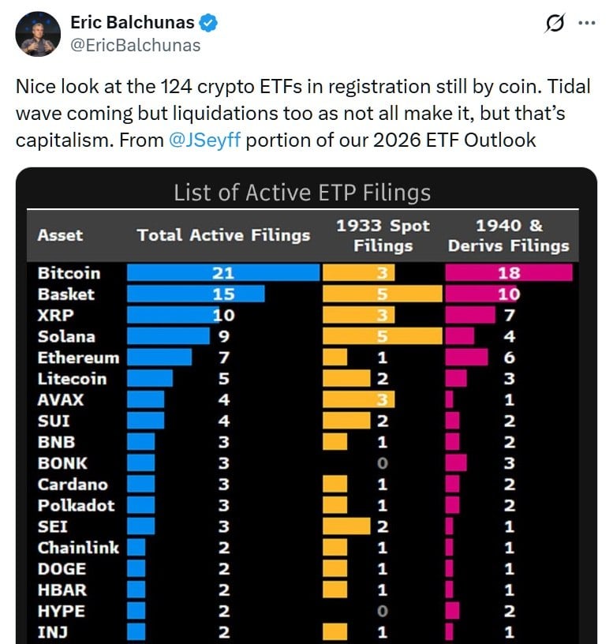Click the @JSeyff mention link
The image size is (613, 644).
[205, 141]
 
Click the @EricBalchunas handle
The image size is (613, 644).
[136, 46]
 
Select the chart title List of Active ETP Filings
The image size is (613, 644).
[302, 193]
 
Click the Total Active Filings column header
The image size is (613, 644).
[223, 235]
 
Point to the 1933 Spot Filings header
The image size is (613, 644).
[383, 235]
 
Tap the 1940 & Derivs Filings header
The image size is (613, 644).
[509, 235]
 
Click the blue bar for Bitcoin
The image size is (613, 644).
[223, 273]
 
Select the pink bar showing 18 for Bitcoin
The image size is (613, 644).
[509, 273]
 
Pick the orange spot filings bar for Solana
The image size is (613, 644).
[383, 336]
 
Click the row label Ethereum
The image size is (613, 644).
[78, 358]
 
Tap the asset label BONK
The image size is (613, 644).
[62, 463]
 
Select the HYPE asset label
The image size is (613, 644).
[62, 611]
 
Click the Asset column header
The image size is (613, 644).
[60, 235]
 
